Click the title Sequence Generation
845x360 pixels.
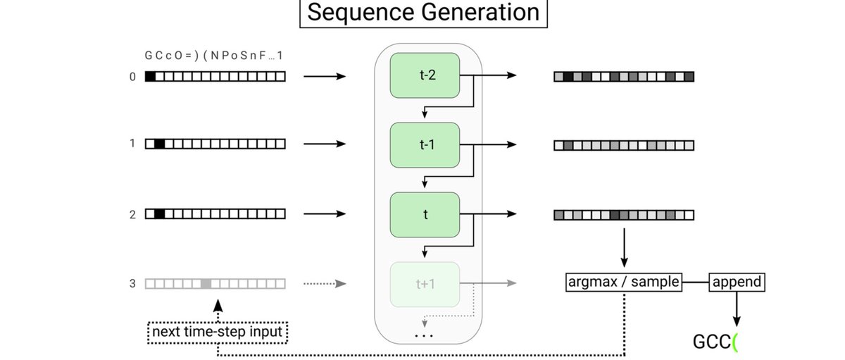point(423,13)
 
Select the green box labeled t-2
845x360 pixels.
point(425,75)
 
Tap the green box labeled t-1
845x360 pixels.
point(425,144)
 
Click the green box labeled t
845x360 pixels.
point(425,214)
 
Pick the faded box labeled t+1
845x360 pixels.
point(425,283)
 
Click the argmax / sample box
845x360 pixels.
point(624,283)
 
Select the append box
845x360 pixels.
point(736,283)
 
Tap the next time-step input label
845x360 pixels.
point(218,330)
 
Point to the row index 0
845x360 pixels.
point(132,76)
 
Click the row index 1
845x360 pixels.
point(132,144)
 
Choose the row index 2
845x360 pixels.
point(132,214)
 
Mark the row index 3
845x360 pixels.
point(132,283)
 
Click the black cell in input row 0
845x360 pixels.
point(150,76)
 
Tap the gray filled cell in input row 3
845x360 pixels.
point(206,283)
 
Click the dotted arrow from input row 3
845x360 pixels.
point(325,283)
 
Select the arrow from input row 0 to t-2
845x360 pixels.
point(325,76)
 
